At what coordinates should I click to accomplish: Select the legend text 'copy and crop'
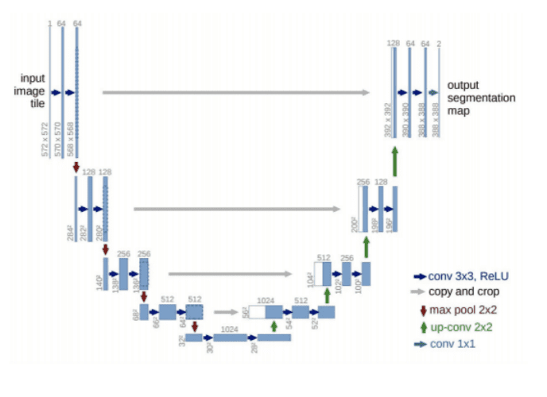pos(460,291)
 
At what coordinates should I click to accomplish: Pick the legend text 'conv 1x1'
pos(451,343)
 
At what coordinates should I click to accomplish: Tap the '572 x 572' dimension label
pos(45,140)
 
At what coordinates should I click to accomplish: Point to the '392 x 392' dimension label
pos(389,119)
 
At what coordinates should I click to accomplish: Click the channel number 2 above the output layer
pos(439,43)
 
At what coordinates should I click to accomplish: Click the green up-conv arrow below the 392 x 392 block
pos(394,163)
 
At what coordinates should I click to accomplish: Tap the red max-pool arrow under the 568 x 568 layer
pos(76,167)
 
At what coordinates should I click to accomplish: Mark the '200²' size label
pos(355,225)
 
